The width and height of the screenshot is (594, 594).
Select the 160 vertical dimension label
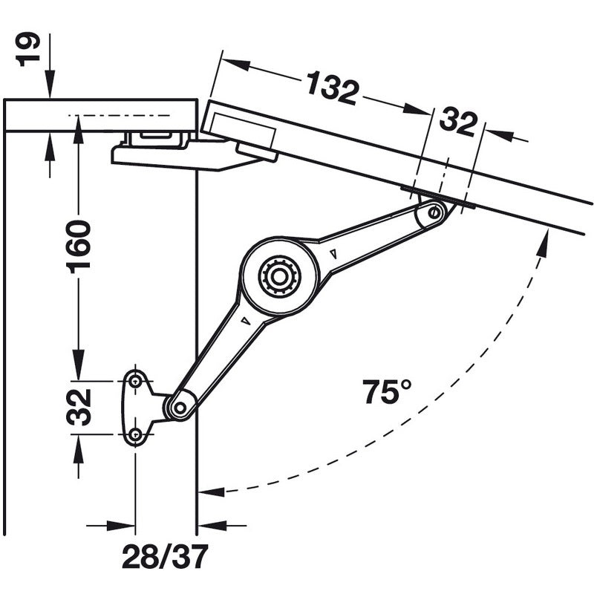[79, 246]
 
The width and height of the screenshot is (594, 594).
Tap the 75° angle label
[387, 391]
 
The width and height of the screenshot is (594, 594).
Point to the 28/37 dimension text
[165, 556]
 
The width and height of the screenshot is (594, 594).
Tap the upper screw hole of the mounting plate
[135, 381]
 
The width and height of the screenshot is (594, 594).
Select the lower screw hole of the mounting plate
[135, 435]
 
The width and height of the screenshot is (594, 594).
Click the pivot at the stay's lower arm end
[179, 407]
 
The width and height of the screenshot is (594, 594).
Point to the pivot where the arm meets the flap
[435, 214]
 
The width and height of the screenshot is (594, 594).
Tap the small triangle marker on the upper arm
[333, 254]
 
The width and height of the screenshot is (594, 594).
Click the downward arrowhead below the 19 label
[50, 90]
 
